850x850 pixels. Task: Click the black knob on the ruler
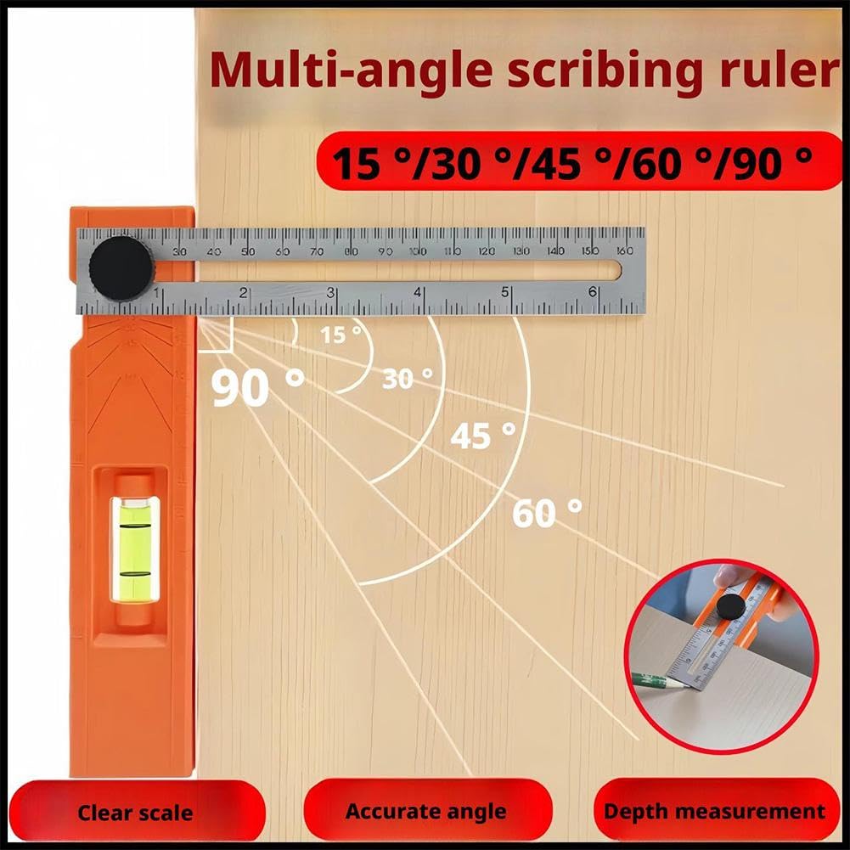(122, 267)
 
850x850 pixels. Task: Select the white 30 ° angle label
(407, 378)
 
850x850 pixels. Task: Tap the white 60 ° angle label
(547, 513)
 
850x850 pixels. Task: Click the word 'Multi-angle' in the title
(351, 71)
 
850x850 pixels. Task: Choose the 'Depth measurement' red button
(714, 811)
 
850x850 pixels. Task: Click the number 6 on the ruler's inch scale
(593, 292)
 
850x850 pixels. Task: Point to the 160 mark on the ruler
(624, 251)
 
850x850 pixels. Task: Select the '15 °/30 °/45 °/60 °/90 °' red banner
(570, 160)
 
